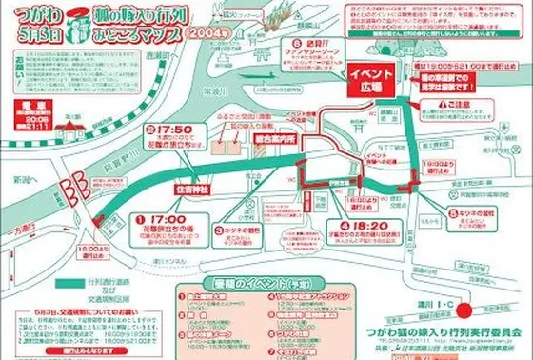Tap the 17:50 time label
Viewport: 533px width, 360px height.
(172, 131)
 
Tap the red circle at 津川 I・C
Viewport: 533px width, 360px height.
(464, 309)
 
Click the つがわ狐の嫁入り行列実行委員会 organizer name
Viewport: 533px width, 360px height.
(449, 331)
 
